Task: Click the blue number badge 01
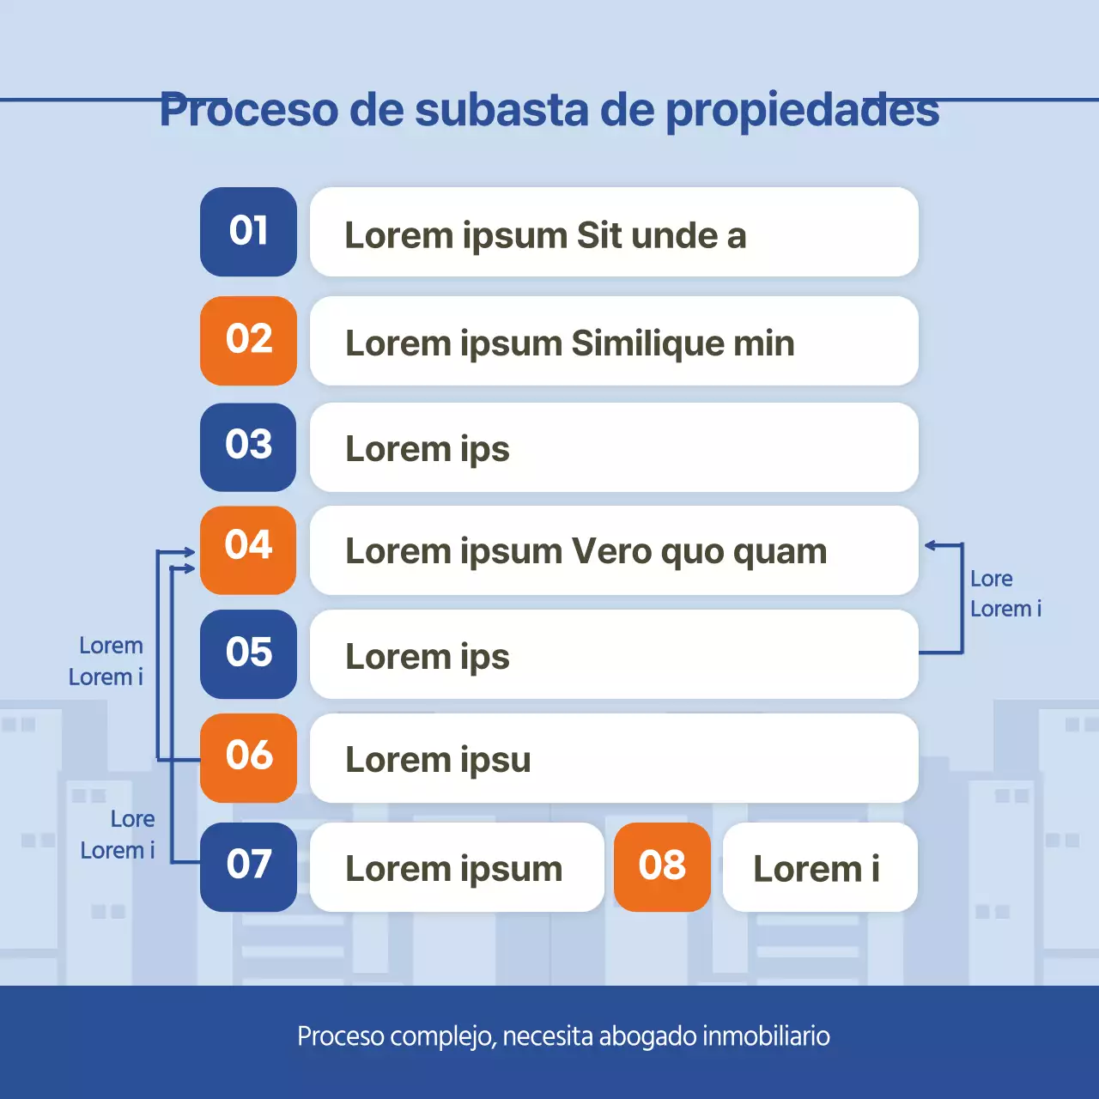pos(248,232)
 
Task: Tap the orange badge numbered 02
pos(248,340)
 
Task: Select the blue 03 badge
pos(248,446)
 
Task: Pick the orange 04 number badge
pos(248,549)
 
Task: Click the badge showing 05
pos(248,653)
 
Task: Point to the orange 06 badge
pos(248,757)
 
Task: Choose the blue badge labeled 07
pos(248,866)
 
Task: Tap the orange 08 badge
pos(662,866)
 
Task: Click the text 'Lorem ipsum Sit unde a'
pos(545,235)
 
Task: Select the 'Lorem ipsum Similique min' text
pos(569,343)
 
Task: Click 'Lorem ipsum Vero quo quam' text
pos(586,551)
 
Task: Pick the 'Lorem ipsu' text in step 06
pos(438,760)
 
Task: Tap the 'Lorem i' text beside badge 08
pos(817,869)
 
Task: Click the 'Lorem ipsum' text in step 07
pos(453,869)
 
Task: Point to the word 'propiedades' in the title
pos(802,110)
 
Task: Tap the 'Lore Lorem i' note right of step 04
pos(1005,593)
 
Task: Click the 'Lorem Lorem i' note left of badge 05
pos(107,661)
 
